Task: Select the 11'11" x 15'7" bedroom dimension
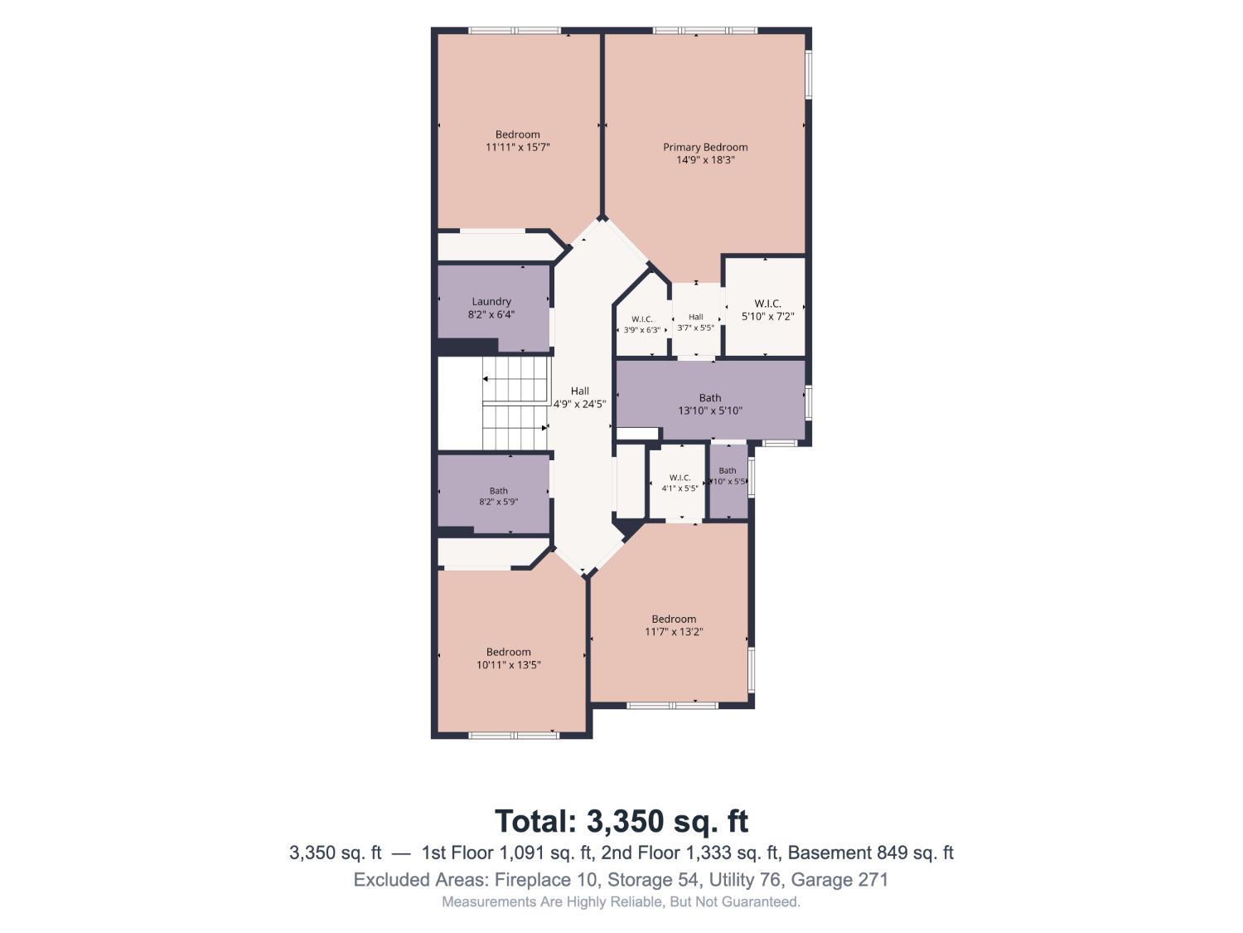(517, 148)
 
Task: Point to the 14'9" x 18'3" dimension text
(705, 160)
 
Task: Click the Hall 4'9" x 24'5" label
(579, 397)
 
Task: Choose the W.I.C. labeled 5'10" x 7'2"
(767, 310)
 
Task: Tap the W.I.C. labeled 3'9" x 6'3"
(641, 324)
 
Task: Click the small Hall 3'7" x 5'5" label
(695, 323)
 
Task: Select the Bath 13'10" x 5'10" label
(709, 404)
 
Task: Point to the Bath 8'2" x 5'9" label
(498, 496)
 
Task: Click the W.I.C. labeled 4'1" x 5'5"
(680, 483)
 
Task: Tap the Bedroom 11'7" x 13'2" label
(674, 625)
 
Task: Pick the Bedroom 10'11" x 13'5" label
(508, 658)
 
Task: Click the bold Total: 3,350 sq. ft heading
(621, 821)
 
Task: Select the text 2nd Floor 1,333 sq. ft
(691, 853)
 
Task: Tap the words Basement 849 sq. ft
(871, 853)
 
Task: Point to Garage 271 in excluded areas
(839, 880)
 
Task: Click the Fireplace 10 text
(546, 880)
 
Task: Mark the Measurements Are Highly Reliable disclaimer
(621, 901)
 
